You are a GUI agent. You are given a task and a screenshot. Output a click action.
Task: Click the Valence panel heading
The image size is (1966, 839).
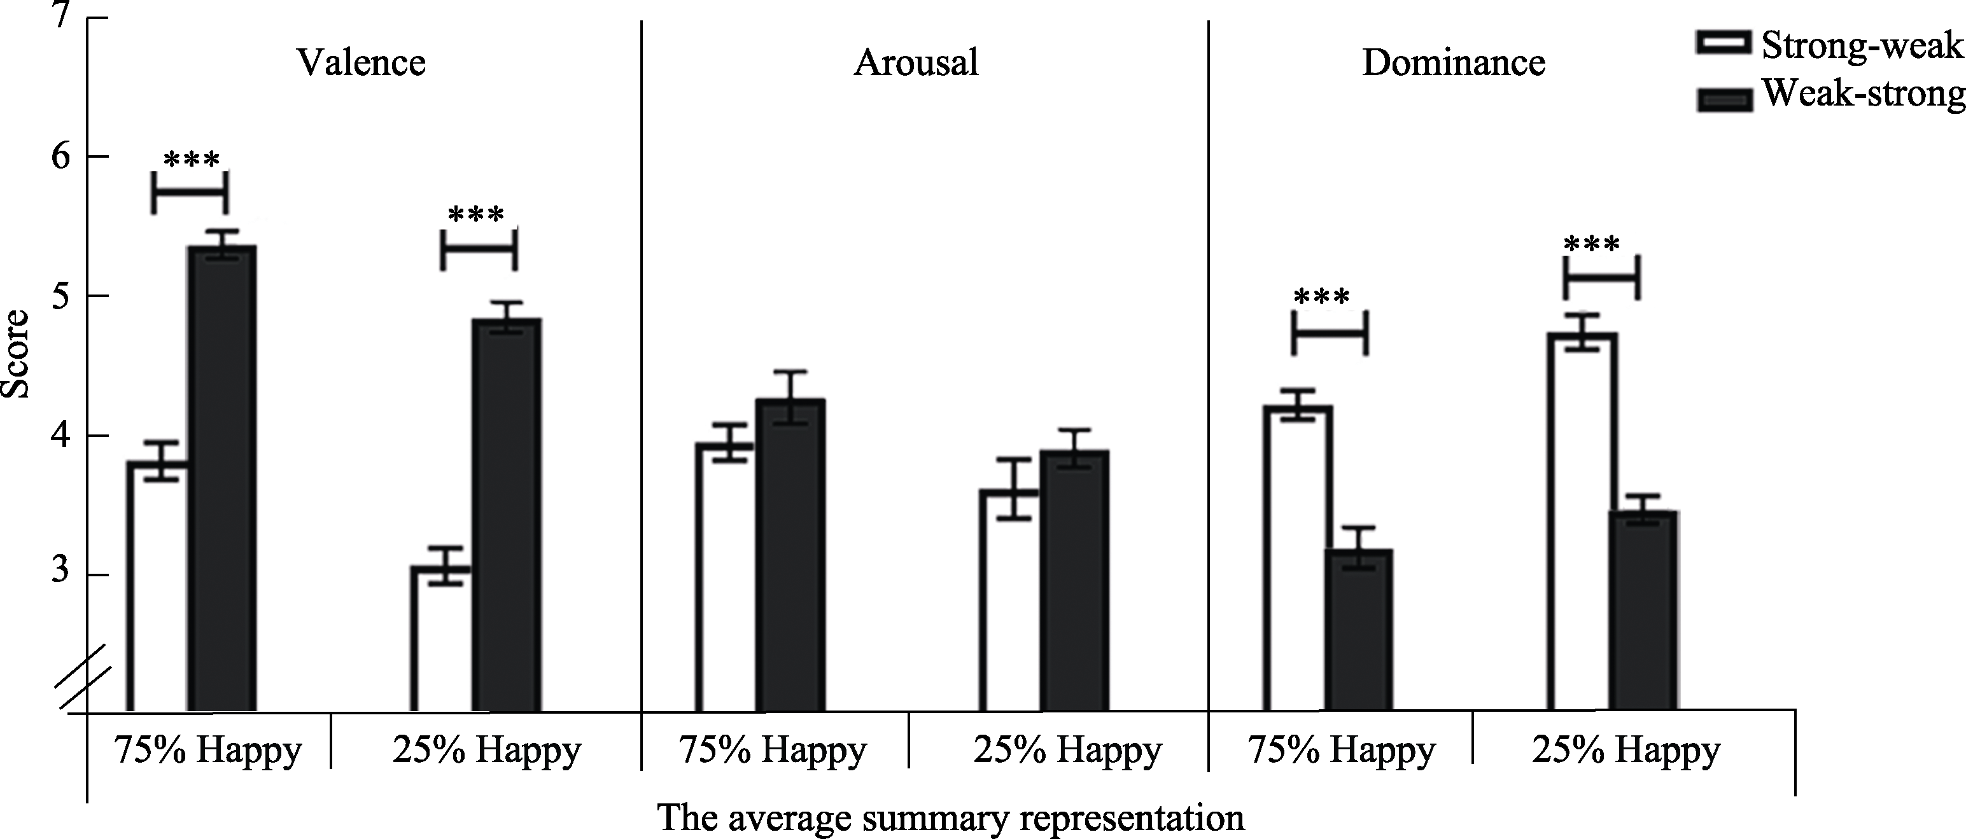click(361, 62)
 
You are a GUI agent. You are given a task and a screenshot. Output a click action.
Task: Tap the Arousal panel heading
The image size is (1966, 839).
click(916, 62)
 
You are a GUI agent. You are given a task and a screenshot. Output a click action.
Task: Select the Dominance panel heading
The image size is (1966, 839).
click(1453, 62)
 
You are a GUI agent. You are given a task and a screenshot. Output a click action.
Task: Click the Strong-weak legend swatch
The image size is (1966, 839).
click(1724, 43)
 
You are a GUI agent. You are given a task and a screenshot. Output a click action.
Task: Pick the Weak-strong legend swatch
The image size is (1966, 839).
click(1724, 100)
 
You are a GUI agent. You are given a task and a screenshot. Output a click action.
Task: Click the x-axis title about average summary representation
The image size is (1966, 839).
click(950, 817)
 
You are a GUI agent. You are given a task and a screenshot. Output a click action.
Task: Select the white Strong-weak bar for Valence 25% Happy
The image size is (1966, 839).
click(441, 641)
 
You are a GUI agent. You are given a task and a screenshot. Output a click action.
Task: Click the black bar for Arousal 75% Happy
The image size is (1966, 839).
click(790, 557)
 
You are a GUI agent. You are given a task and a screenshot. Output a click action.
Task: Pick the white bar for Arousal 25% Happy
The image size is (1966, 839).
click(1009, 602)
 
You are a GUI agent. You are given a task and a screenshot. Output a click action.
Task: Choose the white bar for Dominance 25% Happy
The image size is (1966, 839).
click(1582, 526)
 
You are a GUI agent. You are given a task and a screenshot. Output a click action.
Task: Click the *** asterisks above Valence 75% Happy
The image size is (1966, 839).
click(192, 161)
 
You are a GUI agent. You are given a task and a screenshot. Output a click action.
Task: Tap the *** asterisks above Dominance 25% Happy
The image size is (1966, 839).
click(1591, 246)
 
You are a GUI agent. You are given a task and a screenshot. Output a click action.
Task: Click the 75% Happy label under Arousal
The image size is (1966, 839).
click(773, 751)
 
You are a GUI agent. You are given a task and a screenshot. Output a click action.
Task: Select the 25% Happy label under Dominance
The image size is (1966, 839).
click(1625, 751)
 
